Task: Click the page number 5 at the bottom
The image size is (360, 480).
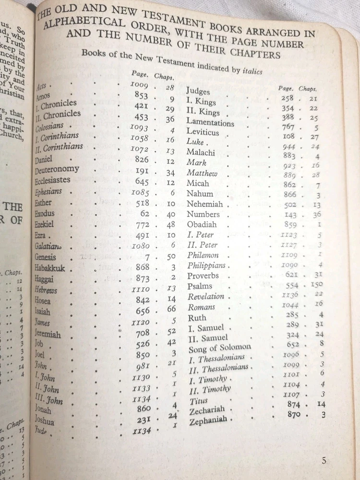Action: pyautogui.click(x=324, y=461)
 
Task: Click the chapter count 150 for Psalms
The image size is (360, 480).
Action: pyautogui.click(x=317, y=285)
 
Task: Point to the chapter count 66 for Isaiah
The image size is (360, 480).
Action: pyautogui.click(x=171, y=310)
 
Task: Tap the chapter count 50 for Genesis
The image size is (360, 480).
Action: pyautogui.click(x=170, y=258)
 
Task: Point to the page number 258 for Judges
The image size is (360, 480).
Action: pyautogui.click(x=287, y=98)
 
